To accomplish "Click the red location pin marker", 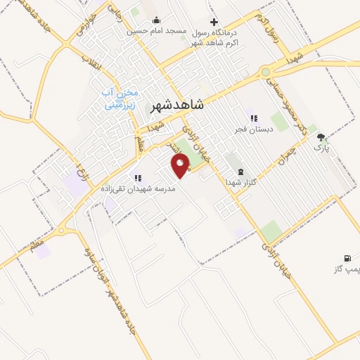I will (181, 165).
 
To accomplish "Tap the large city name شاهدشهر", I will (177, 105).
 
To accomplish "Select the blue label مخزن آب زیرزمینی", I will (122, 100).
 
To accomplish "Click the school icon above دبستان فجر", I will (254, 118).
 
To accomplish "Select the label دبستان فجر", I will (254, 129).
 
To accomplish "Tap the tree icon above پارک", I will (321, 138).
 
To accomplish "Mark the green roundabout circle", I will (265, 72).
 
